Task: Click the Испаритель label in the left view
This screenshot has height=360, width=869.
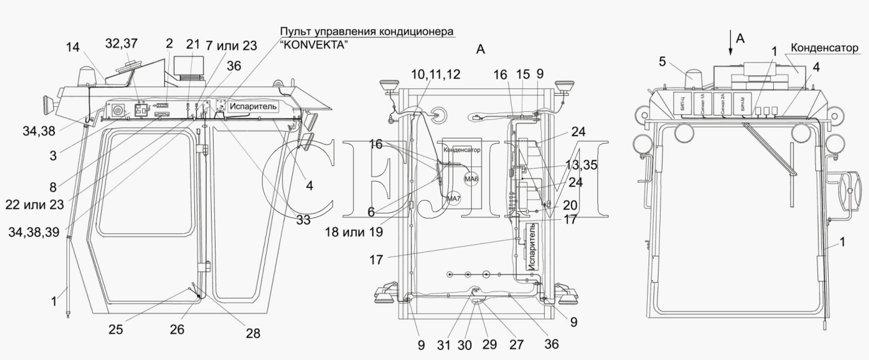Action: click(254, 107)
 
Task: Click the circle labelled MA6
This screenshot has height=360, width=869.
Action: click(471, 180)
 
